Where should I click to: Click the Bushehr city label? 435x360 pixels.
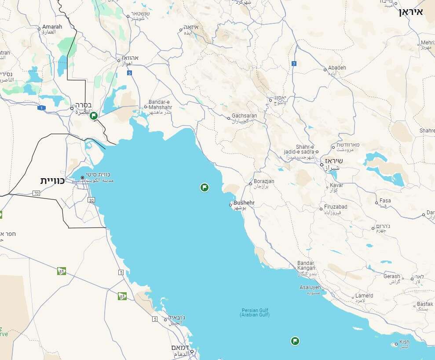244,203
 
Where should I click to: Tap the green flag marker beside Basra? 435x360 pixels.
93,116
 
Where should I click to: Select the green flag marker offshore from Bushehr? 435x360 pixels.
204,187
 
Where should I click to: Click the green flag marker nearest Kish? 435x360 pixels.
295,341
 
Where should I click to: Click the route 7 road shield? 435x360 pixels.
294,64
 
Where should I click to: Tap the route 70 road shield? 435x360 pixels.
36,193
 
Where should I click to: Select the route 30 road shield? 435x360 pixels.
91,200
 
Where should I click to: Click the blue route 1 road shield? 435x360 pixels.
42,108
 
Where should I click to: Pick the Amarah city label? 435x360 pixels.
52,27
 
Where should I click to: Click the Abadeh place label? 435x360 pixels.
337,68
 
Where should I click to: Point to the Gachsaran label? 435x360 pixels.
245,116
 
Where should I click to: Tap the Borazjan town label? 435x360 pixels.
264,181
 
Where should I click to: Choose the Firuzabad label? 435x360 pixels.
336,207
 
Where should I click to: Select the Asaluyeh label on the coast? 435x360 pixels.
310,287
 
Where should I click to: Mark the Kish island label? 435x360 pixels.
404,342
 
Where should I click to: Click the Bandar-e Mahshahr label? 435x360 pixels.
160,104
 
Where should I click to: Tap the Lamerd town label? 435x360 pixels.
364,296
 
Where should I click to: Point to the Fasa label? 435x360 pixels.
385,201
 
